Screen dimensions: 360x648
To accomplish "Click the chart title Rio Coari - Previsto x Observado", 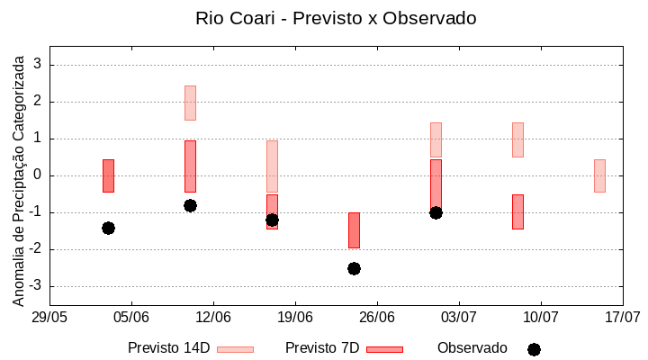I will click(336, 18).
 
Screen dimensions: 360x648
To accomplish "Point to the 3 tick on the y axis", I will click(38, 65).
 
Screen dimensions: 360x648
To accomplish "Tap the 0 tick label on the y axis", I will click(38, 175).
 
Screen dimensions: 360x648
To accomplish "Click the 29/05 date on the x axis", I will click(49, 317).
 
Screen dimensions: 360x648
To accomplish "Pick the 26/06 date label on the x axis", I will click(377, 317).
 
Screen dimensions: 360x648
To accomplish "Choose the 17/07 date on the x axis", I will click(622, 317).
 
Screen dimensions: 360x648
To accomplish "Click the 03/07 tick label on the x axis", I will click(459, 317).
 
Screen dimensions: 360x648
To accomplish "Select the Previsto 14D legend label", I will click(168, 348).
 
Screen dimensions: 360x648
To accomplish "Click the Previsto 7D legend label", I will click(322, 348).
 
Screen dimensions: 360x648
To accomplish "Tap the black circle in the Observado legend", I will click(534, 349).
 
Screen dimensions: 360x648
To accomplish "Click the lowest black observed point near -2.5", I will click(354, 268).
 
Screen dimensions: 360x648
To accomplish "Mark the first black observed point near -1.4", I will click(108, 228).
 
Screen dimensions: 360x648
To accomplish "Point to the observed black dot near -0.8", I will click(190, 205).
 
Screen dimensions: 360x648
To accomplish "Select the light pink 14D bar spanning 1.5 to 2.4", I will click(190, 103).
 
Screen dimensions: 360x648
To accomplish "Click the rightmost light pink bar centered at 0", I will click(599, 175).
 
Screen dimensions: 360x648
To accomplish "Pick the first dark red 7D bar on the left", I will click(108, 175).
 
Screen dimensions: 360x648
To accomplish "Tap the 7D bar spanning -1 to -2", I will click(354, 230).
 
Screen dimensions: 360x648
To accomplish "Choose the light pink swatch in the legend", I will click(235, 349).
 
